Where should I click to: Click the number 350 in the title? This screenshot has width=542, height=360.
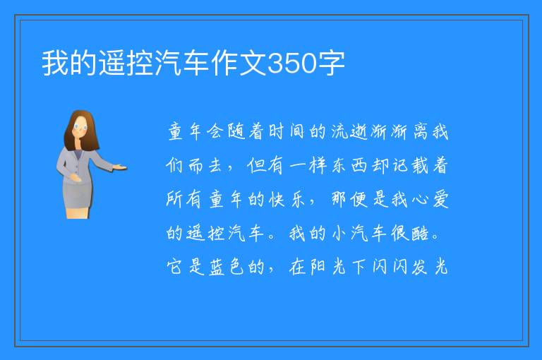(x=292, y=63)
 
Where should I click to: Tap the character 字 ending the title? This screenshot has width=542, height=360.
(x=332, y=63)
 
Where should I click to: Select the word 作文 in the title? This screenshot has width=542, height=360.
(x=239, y=63)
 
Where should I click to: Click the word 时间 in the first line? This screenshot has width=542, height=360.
(x=287, y=132)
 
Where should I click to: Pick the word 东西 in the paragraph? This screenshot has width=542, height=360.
(x=349, y=165)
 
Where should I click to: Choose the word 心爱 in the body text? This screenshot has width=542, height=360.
(x=430, y=199)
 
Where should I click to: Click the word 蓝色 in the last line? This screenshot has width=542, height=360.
(x=227, y=267)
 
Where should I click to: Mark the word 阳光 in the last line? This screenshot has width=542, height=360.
(x=328, y=267)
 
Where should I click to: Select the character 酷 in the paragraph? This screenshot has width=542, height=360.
(x=420, y=233)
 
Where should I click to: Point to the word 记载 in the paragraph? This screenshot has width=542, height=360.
(x=410, y=165)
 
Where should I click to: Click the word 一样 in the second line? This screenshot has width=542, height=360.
(x=308, y=165)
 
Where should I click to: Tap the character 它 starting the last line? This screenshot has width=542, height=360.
(x=174, y=267)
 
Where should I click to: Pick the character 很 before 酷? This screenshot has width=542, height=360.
(x=400, y=233)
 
